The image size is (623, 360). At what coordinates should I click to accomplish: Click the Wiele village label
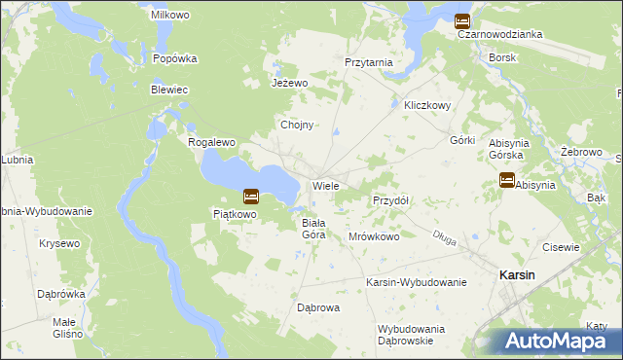pos(325,185)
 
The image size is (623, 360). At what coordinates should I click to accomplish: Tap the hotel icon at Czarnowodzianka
pos(462,19)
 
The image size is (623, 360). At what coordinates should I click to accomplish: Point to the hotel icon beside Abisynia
pos(506,179)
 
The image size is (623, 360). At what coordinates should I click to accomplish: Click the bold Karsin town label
pos(516,275)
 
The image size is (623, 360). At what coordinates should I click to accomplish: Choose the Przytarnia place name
pos(369,62)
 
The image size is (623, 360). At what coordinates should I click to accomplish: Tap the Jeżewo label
pos(289,84)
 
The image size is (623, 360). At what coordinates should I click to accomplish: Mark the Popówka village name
pos(175,58)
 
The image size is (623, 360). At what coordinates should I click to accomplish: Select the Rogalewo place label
pos(212,142)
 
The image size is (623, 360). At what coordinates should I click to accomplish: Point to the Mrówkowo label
pos(375,236)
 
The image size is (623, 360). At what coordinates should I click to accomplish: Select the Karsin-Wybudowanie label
pos(416,282)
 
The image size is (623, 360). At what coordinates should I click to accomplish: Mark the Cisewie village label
pos(560,247)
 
